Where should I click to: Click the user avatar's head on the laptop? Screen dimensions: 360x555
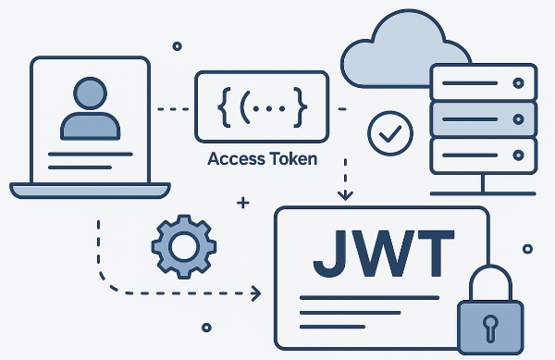coord(90,93)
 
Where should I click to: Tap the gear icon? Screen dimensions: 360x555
coord(183,247)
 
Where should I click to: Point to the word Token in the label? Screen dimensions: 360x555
coord(293,158)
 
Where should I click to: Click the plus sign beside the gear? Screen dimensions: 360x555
coord(243,201)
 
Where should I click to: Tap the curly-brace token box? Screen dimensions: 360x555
coord(262,109)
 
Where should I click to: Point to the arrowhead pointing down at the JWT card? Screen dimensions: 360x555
coord(345,195)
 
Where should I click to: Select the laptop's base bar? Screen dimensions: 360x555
coord(90,190)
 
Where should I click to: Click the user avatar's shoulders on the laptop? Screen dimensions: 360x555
coord(90,123)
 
